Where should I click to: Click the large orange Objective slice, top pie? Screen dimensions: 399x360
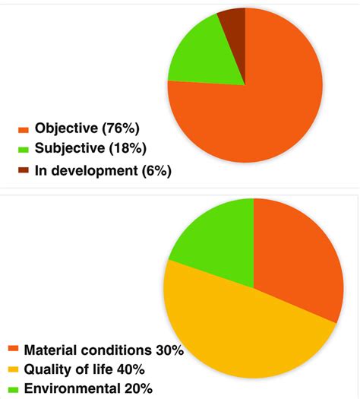[x=258, y=106]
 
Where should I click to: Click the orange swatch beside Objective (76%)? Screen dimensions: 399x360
[x=23, y=130]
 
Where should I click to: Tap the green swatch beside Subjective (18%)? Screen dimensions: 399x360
[x=23, y=149]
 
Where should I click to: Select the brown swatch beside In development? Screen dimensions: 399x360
[x=23, y=170]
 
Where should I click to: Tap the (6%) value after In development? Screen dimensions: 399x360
[x=156, y=169]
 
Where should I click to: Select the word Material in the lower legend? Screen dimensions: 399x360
[x=49, y=351]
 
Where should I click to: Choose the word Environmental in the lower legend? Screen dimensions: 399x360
[x=71, y=388]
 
